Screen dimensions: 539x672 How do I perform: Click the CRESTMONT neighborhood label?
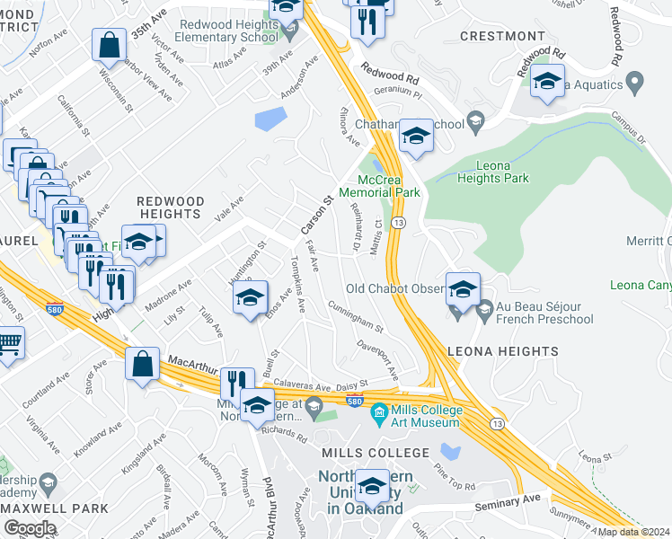502,36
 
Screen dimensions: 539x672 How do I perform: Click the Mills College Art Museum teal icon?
380,414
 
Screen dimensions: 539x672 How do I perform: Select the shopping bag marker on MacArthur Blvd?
144,364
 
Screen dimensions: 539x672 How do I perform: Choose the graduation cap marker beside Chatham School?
415,136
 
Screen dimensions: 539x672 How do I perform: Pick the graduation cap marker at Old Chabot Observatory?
463,289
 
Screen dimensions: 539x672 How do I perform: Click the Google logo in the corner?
30,528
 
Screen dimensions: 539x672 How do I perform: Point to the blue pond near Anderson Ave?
270,119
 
